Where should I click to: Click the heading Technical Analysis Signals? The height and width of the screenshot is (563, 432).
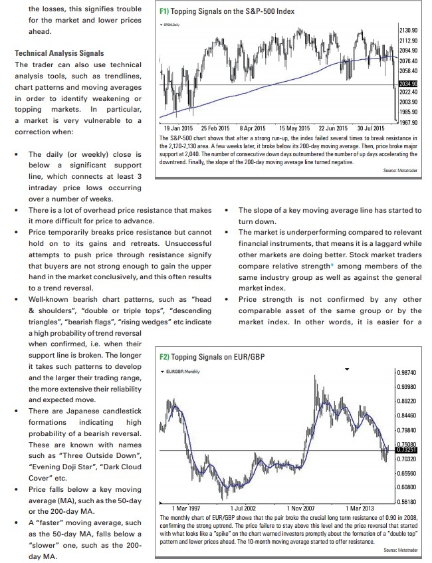tap(58, 53)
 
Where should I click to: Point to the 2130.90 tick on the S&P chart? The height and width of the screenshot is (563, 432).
tap(408, 31)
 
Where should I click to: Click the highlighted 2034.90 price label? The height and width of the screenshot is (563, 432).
tap(408, 84)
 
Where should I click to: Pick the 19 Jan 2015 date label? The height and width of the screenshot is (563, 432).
tap(178, 128)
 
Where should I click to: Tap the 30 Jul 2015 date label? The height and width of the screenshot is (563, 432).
tap(371, 128)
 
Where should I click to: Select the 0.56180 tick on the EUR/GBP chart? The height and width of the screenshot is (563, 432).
tap(407, 503)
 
